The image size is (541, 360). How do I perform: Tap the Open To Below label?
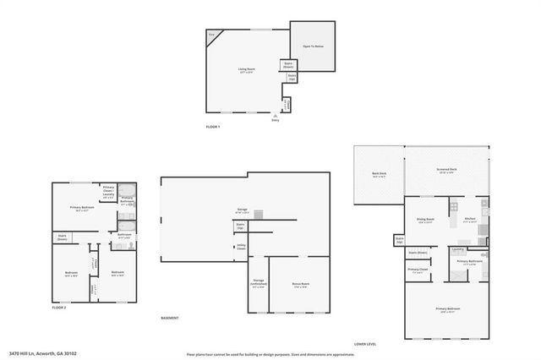(x=314, y=46)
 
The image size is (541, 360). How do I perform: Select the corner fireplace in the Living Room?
(x=212, y=35)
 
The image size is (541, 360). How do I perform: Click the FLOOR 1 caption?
(x=213, y=127)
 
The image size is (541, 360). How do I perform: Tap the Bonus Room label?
(x=300, y=285)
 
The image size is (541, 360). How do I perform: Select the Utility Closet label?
(x=241, y=247)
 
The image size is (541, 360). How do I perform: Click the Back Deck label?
(x=379, y=175)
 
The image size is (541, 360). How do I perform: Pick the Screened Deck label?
(x=447, y=171)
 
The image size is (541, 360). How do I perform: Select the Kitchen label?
(x=470, y=219)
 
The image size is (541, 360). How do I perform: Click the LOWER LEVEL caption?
(x=365, y=344)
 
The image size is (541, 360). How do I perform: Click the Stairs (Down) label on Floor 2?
(x=63, y=238)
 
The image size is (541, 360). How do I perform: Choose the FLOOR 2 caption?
(x=58, y=308)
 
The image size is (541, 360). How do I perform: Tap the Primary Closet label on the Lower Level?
(x=418, y=271)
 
